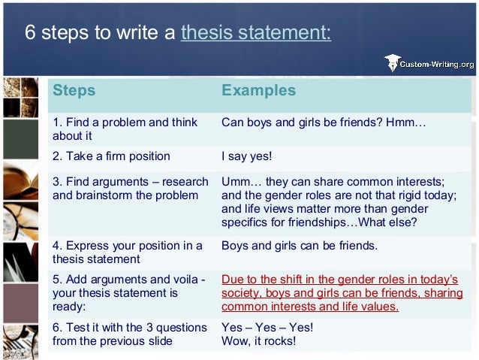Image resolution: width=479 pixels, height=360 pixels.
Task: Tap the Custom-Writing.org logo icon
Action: (x=391, y=63)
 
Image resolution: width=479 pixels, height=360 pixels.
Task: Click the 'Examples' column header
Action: (x=258, y=91)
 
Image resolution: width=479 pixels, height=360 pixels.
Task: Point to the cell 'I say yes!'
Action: (x=246, y=156)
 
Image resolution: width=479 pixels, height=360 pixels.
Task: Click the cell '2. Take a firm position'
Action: (x=111, y=156)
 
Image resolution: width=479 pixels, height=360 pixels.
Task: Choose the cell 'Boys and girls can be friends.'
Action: (x=300, y=246)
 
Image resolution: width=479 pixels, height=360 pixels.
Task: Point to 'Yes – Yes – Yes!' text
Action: (x=267, y=328)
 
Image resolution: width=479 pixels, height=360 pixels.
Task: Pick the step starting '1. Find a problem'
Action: (x=125, y=129)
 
